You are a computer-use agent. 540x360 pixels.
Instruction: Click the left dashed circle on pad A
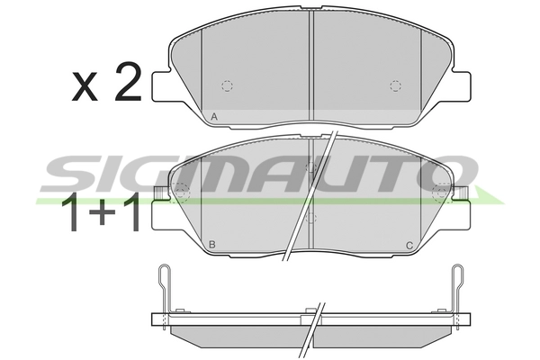pos(228,86)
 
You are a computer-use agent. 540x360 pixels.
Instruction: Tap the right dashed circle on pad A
pos(395,86)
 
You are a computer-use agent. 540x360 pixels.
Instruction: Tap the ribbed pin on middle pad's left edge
pos(158,193)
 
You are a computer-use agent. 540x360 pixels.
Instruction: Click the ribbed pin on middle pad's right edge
pos(463,193)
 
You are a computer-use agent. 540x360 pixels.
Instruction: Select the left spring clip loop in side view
pos(162,274)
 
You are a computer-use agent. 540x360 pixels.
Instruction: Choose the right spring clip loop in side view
pos(459,274)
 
